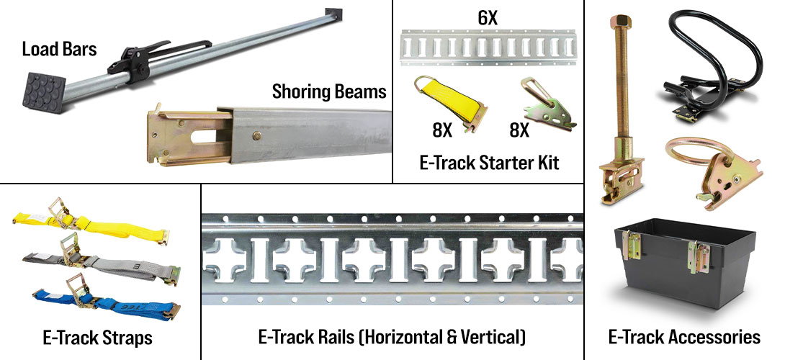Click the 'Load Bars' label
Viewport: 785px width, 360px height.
point(60,50)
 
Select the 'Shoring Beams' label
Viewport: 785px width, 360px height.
point(329,92)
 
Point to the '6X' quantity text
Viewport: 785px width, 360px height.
point(488,18)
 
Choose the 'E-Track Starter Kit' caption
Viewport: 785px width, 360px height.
point(488,162)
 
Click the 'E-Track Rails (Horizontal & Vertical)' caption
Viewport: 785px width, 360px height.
point(392,336)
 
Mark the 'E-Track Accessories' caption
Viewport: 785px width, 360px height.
point(684,336)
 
